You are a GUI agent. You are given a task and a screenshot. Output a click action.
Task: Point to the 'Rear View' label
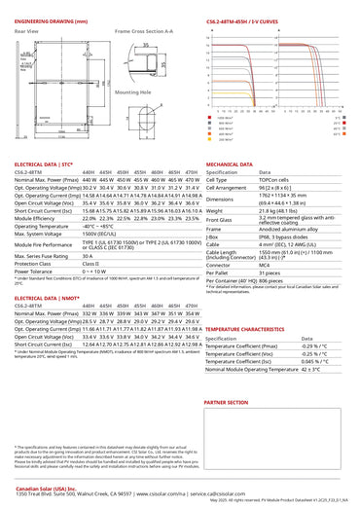click(x=26, y=31)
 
